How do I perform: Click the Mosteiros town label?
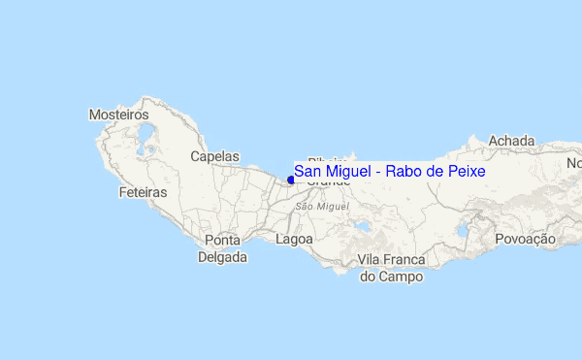click(118, 115)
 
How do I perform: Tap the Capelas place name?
click(214, 155)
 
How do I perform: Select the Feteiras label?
click(143, 193)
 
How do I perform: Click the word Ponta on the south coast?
click(222, 241)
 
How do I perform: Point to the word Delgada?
click(222, 257)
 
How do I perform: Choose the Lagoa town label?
click(294, 238)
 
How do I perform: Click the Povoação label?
click(525, 239)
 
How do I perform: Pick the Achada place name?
click(511, 141)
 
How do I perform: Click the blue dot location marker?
click(291, 179)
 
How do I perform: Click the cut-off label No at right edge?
click(573, 164)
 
